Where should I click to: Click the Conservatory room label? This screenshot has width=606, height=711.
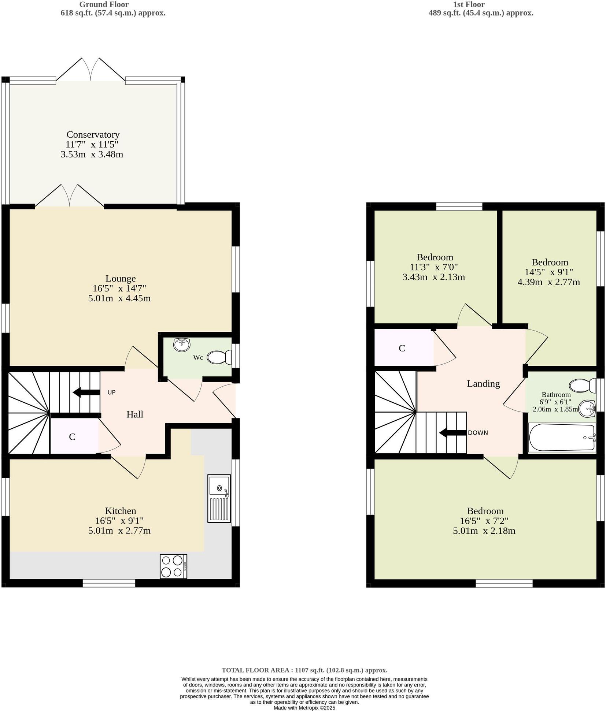93,134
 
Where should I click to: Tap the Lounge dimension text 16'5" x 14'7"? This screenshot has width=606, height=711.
119,288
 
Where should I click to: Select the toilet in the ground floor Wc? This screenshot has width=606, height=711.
219,357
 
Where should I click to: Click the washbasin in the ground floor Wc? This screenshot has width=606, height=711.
181,345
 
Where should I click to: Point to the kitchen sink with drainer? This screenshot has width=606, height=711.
219,498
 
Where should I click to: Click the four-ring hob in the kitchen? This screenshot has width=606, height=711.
173,566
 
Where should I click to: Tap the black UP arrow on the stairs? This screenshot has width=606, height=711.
86,392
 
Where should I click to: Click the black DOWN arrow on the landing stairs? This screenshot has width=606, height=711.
452,432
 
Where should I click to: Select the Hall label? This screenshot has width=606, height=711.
134,414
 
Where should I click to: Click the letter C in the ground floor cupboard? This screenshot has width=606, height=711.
72,437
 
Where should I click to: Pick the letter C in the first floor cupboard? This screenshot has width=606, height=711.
402,348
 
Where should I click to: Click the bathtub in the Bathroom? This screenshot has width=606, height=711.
561,438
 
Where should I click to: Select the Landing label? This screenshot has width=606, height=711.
483,383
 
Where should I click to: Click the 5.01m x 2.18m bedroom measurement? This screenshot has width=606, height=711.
484,531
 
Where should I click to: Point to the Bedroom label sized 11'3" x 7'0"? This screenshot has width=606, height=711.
435,257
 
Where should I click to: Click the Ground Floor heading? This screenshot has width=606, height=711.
104,5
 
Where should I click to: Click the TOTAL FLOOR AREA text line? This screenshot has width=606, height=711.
304,670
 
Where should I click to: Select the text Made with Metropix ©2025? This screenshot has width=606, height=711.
304,708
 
